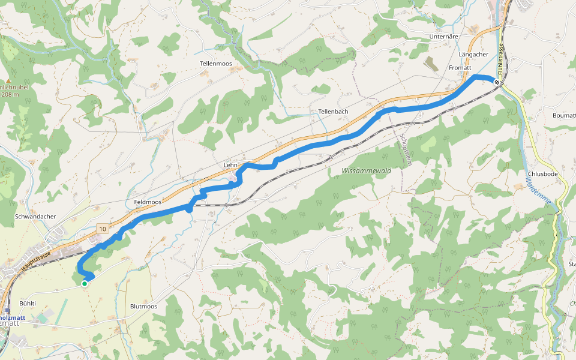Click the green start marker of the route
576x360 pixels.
[x=85, y=284]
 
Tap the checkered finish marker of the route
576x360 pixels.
[x=497, y=82]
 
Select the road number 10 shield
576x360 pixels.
[x=103, y=229]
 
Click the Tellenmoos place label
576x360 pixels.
[x=215, y=63]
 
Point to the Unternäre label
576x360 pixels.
[x=444, y=37]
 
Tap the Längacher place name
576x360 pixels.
[x=473, y=55]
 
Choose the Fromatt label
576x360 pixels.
[x=461, y=68]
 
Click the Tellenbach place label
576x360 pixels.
[x=333, y=112]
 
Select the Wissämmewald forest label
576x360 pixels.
[x=366, y=171]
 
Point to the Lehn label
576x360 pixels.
[x=230, y=164]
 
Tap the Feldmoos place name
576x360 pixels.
[x=148, y=202]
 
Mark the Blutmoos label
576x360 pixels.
[x=143, y=306]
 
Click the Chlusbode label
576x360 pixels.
[x=542, y=174]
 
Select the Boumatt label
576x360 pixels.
[x=564, y=115]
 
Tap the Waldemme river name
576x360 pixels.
[x=538, y=194]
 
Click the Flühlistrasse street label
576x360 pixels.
[x=499, y=57]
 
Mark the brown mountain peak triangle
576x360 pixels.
[x=10, y=80]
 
